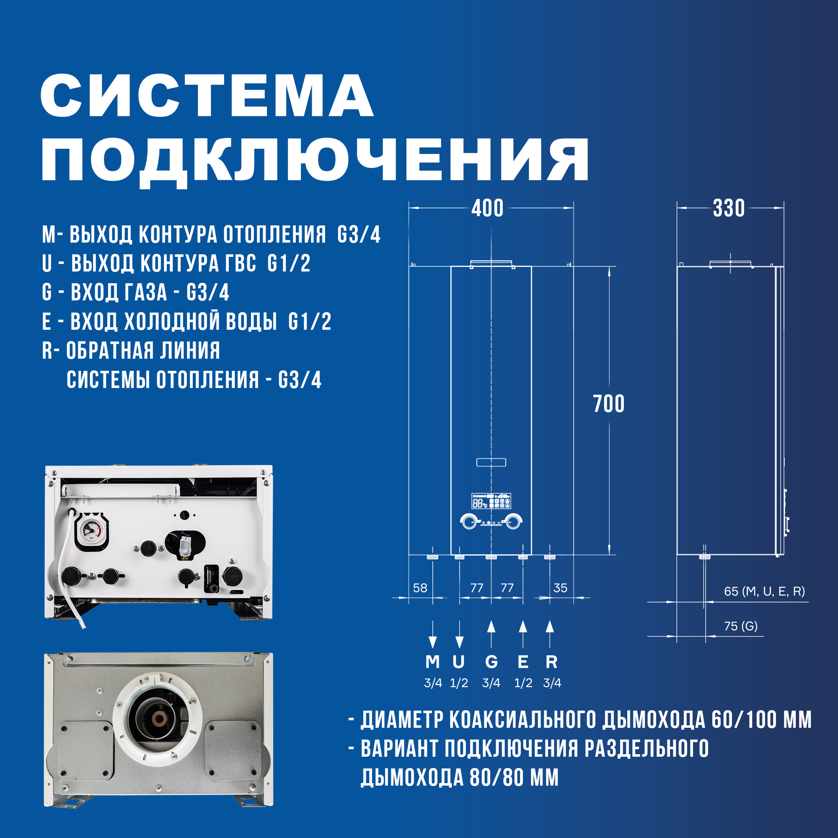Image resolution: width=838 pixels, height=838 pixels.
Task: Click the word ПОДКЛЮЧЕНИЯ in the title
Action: click(x=315, y=160)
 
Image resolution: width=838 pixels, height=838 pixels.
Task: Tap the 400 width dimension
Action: click(x=488, y=209)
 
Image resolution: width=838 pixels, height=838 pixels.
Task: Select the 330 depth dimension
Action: click(x=729, y=209)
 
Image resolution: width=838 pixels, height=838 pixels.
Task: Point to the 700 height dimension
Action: click(x=608, y=404)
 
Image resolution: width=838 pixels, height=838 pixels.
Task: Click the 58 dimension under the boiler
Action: click(x=420, y=588)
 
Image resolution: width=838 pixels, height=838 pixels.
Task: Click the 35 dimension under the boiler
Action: click(x=560, y=588)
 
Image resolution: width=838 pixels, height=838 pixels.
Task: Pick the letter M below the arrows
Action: click(x=432, y=662)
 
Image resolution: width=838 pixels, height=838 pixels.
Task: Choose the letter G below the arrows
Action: click(x=491, y=662)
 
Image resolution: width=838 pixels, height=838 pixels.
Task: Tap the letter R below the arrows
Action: click(x=551, y=662)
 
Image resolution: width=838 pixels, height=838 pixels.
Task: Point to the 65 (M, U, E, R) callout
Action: click(x=764, y=592)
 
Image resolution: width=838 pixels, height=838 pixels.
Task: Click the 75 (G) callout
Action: click(x=741, y=626)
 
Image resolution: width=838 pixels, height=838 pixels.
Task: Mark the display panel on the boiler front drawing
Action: click(x=491, y=501)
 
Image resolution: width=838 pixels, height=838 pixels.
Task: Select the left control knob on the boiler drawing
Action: click(x=469, y=522)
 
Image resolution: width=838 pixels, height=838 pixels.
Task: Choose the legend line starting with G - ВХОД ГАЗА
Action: click(x=136, y=292)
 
